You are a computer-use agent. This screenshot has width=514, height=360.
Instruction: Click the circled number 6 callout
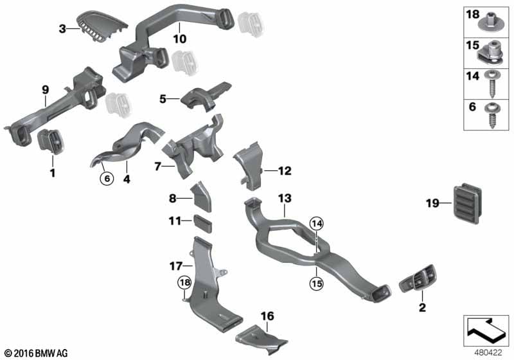pos(107,179)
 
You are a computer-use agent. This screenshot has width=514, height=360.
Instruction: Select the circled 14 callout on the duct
pos(317,224)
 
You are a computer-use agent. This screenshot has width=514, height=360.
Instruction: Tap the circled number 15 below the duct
pos(317,283)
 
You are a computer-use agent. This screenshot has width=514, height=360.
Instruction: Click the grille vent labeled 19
pos(468,203)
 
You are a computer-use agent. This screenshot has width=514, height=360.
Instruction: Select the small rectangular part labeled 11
pos(203,223)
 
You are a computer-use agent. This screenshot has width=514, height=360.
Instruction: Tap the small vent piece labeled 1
pos(51,141)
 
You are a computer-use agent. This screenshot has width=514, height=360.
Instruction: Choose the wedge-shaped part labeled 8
pos(201,197)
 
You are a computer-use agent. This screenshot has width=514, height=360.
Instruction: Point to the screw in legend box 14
pos(492,84)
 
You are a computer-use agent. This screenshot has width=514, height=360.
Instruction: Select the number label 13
pos(285,199)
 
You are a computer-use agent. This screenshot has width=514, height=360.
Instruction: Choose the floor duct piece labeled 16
pos(261,338)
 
